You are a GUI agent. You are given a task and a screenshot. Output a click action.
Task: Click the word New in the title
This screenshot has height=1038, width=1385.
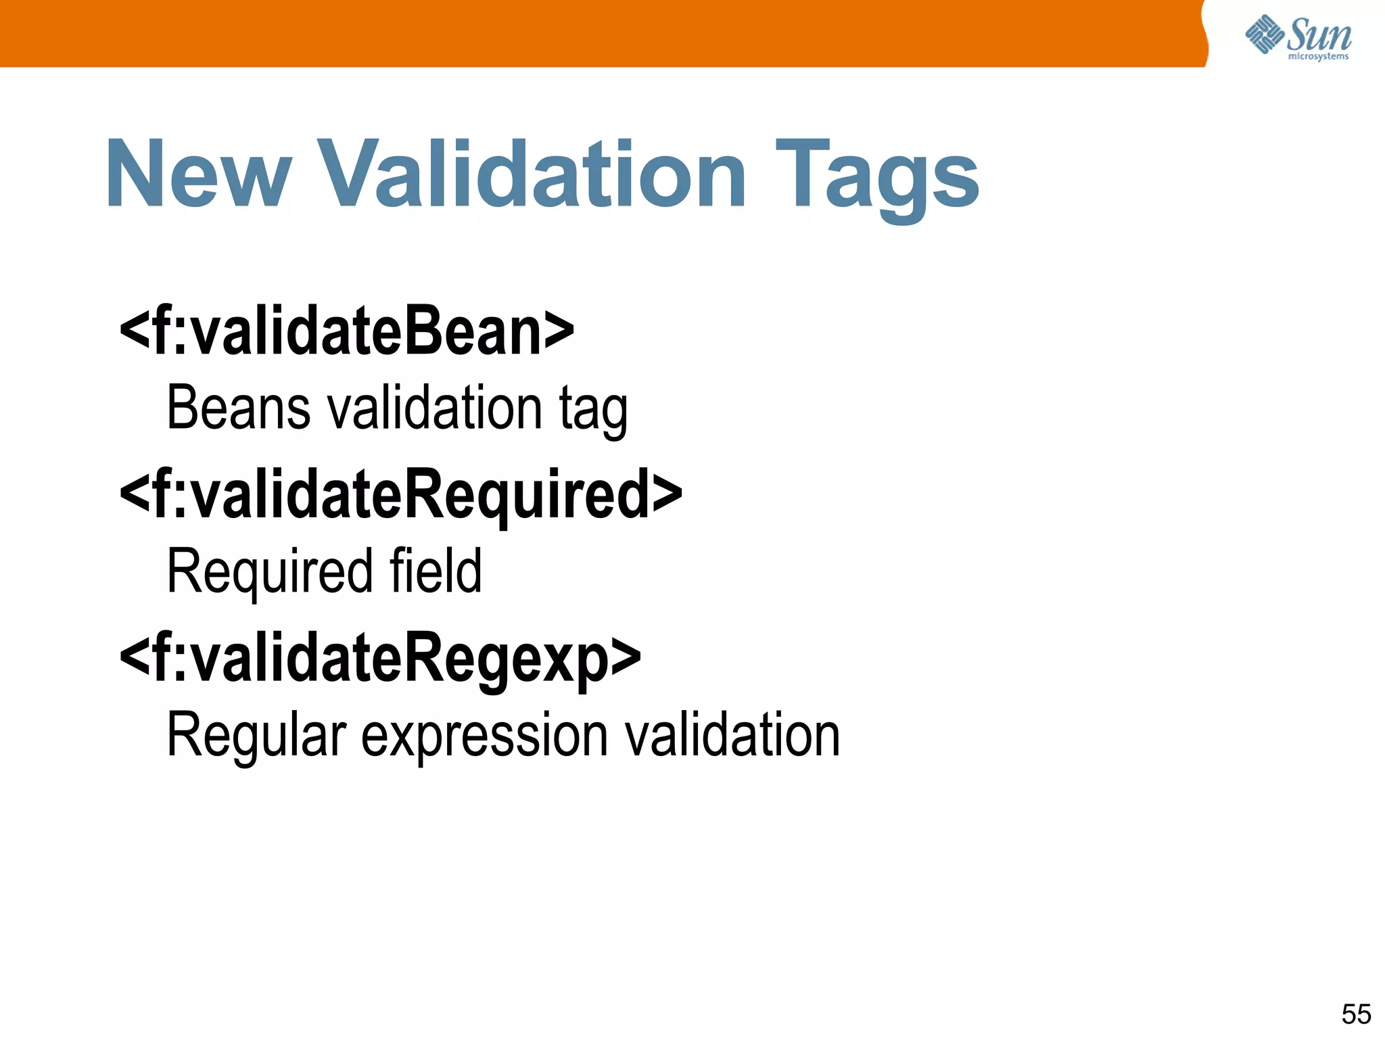click(198, 174)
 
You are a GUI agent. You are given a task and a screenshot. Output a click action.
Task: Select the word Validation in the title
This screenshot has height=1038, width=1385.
click(532, 174)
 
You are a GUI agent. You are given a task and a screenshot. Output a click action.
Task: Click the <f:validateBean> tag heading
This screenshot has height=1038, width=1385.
click(346, 331)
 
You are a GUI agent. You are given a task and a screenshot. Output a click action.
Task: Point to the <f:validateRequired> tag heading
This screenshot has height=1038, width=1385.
click(400, 495)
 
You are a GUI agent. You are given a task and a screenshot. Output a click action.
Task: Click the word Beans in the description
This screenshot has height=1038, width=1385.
click(238, 408)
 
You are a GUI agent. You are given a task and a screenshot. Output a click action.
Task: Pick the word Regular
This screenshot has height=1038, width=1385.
click(256, 736)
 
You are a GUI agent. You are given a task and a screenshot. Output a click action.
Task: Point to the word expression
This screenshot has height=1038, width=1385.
click(484, 736)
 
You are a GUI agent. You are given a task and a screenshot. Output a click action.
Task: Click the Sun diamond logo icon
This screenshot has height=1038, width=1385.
click(1264, 34)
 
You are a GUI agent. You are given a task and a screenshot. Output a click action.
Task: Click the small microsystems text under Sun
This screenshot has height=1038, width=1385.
click(1318, 57)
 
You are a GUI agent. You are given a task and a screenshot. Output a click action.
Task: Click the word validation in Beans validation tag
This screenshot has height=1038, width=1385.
click(435, 408)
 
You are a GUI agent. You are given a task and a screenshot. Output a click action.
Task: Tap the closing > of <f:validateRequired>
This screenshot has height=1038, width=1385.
click(667, 494)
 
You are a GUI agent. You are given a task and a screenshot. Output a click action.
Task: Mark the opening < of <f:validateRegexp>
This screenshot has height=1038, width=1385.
click(135, 657)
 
